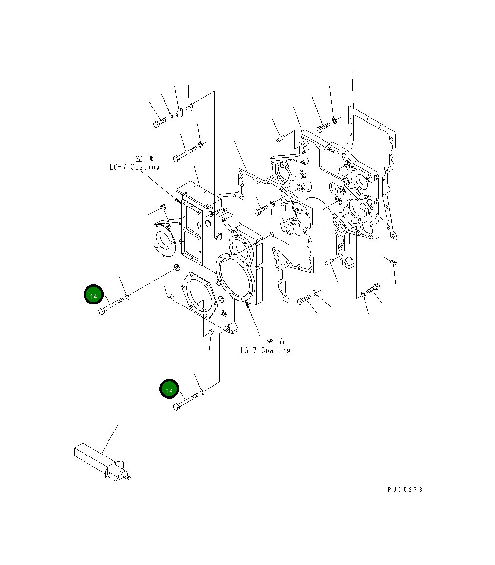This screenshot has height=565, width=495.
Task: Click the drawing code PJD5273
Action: (405, 489)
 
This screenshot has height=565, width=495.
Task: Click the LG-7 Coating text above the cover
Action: (134, 167)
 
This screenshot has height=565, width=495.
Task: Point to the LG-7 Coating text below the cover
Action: (265, 350)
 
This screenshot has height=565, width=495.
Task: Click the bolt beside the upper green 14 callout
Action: (111, 306)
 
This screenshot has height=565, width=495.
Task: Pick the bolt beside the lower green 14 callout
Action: (186, 402)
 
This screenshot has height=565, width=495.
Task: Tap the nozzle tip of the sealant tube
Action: (128, 478)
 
